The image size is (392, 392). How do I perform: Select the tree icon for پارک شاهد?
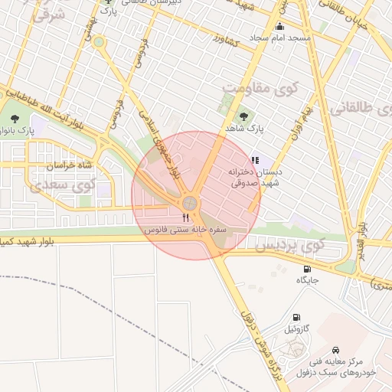click(243, 116)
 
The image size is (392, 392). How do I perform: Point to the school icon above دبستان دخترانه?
click(255, 161)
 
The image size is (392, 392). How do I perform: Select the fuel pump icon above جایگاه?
click(307, 269)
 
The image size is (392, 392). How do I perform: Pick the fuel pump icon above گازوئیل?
click(296, 317)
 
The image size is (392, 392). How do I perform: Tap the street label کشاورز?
click(228, 38)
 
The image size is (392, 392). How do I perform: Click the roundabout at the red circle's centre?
click(188, 204)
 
